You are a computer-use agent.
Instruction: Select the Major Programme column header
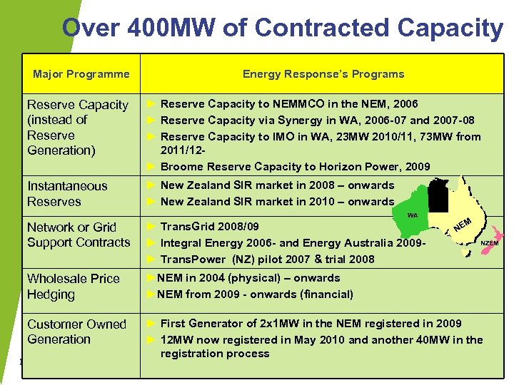pos(81,74)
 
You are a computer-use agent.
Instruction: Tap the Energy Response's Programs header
pos(323,74)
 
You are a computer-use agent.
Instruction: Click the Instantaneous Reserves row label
pos(67,194)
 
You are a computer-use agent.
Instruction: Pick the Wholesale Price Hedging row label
pos(74,287)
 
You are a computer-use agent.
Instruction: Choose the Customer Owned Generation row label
pos(76,332)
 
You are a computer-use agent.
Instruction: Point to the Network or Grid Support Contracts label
pos(79,235)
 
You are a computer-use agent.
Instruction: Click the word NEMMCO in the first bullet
pos(294,104)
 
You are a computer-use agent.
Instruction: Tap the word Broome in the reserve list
pos(181,167)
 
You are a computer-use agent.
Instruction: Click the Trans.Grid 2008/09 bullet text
pos(210,227)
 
